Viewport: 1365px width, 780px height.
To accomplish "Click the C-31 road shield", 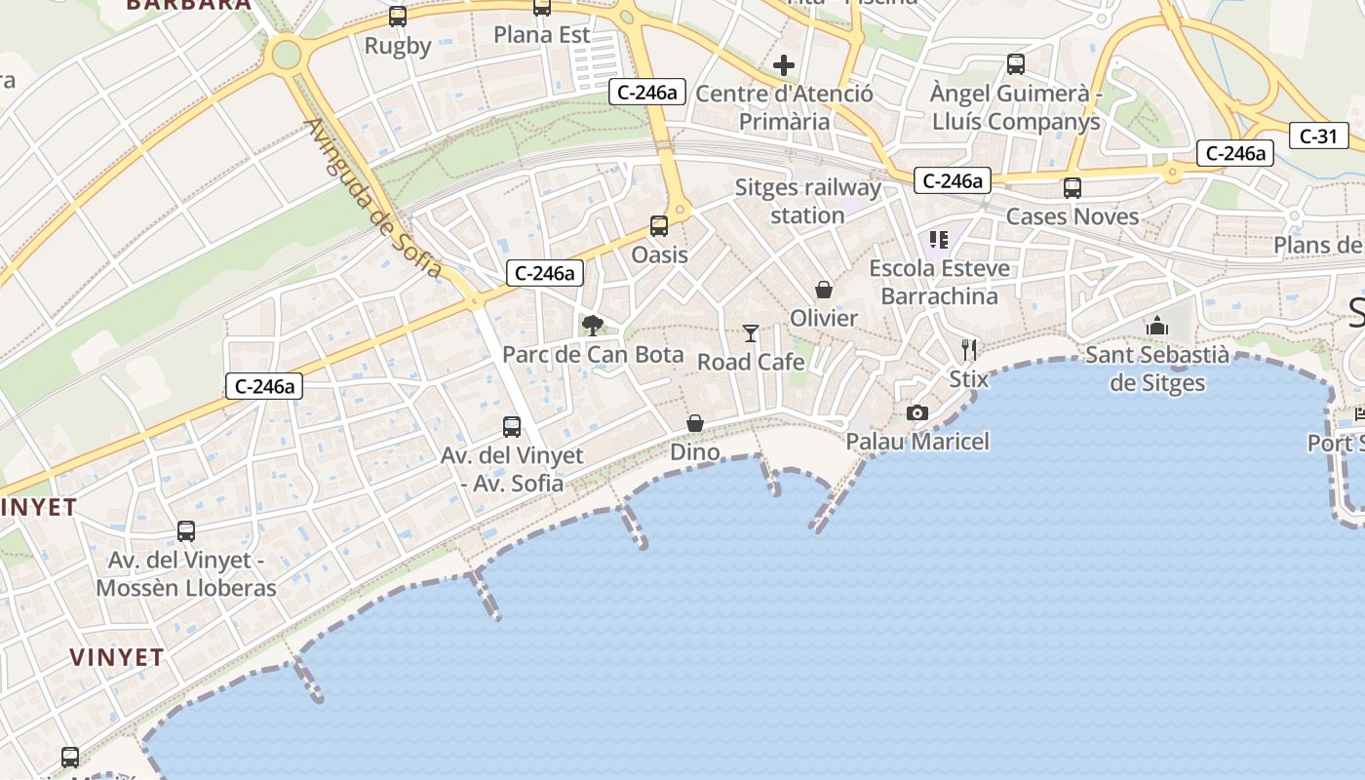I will coord(1318,136).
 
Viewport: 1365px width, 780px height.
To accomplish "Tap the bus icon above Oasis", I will coord(659,226).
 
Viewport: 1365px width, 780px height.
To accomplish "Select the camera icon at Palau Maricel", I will coord(916,413).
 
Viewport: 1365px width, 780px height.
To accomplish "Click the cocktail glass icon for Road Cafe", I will coord(750,333).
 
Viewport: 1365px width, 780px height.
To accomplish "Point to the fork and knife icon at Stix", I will coord(968,349).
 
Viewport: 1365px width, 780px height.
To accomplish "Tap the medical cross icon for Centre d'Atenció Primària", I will coord(784,65).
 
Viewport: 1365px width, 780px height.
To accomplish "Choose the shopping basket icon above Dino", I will coord(695,423).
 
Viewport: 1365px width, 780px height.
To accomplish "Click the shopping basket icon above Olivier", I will coord(824,290).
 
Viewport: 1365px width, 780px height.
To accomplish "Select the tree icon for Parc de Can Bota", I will coord(592,326).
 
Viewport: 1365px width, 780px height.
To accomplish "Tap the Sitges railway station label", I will coord(807,201).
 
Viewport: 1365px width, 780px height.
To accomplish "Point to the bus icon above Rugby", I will coord(397,17).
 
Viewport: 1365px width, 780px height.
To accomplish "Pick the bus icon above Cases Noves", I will coord(1072,188).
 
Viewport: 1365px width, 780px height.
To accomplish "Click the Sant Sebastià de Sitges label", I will coord(1157,369).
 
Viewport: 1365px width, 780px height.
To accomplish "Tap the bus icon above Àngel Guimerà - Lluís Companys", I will coord(1016,64).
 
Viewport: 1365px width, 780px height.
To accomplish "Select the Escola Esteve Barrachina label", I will coord(940,282).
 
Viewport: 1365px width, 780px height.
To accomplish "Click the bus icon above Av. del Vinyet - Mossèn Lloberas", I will coord(186,531).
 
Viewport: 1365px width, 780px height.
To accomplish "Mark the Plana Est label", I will coord(542,35).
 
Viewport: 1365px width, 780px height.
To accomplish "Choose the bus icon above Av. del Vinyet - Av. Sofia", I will coord(512,426).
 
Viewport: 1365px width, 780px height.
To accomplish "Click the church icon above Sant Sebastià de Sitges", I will coord(1157,326).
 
